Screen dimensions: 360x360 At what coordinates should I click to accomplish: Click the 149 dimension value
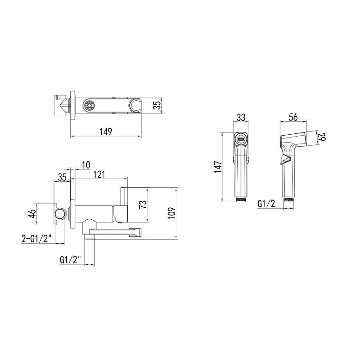click(x=106, y=132)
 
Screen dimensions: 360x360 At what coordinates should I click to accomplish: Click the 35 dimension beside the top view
click(x=157, y=105)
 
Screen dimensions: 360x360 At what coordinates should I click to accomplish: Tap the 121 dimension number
click(x=99, y=174)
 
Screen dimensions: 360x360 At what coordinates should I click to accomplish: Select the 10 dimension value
click(x=86, y=165)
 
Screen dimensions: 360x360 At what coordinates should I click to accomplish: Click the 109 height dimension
click(x=172, y=214)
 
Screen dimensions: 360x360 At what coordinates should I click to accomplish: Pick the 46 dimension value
click(x=32, y=214)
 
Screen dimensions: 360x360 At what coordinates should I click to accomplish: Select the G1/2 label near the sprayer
click(x=266, y=204)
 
